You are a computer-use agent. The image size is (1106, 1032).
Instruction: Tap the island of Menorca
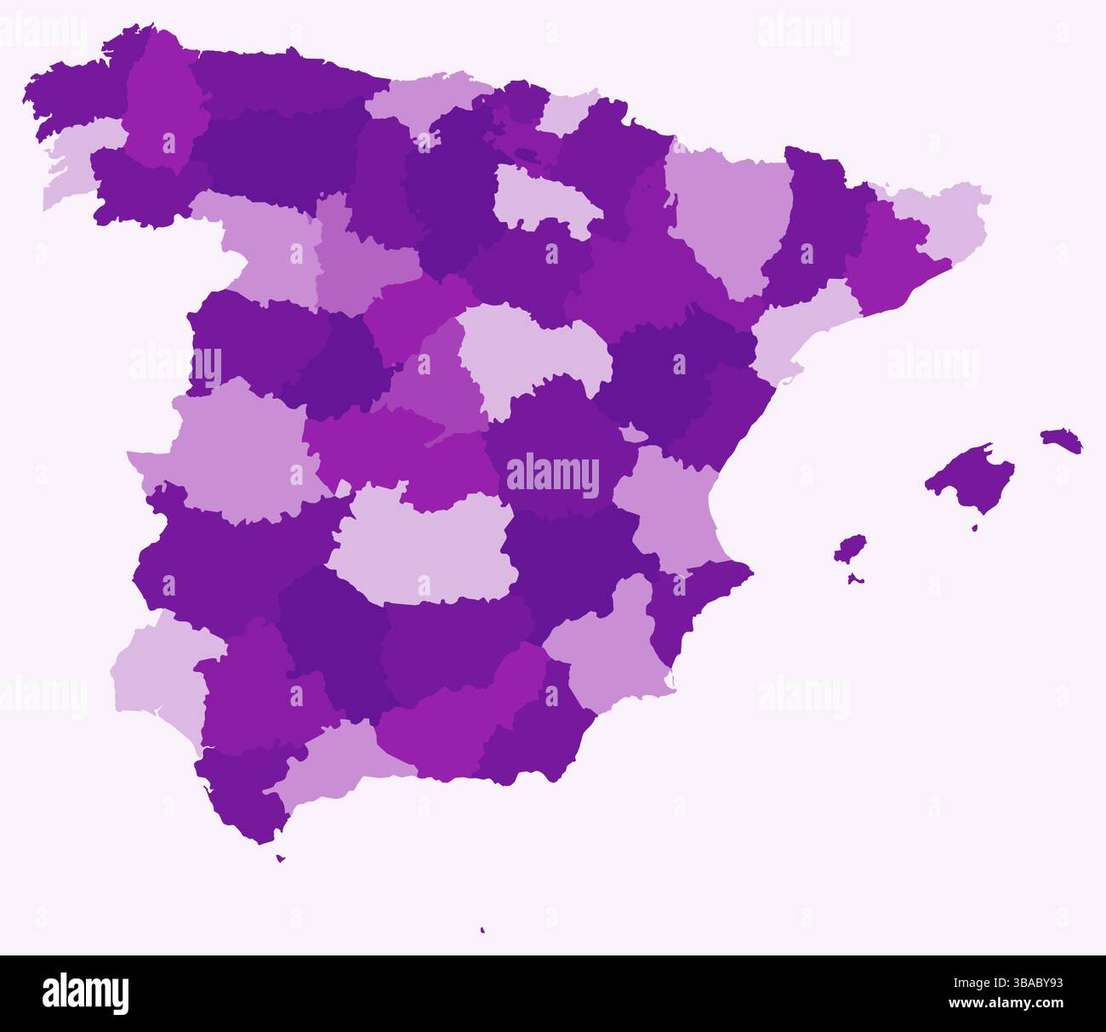click(1061, 440)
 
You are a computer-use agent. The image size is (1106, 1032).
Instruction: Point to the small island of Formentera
click(855, 579)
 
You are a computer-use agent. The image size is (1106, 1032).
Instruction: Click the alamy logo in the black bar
click(85, 994)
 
